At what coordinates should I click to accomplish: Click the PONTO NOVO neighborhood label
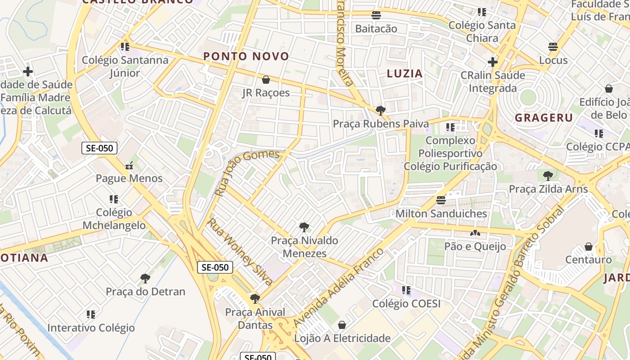click(x=246, y=56)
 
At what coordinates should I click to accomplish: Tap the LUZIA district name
click(x=405, y=73)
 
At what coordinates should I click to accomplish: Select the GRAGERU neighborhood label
click(x=544, y=118)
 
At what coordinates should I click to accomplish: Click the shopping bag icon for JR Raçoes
click(x=266, y=80)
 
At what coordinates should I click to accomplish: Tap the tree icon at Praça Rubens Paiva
click(x=380, y=110)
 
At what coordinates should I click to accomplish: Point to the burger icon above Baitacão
click(x=376, y=15)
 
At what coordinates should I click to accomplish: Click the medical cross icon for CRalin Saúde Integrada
click(x=492, y=62)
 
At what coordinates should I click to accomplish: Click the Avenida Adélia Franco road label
click(x=338, y=287)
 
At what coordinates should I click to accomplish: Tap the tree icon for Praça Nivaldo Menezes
click(x=304, y=227)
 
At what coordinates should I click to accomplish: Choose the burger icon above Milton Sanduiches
click(x=441, y=200)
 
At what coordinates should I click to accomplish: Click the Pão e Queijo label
click(x=475, y=246)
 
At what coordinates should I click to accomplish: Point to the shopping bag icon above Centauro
click(x=588, y=247)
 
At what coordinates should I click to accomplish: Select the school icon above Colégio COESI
click(x=406, y=290)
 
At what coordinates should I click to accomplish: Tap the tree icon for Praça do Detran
click(x=145, y=278)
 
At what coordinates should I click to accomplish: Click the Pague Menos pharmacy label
click(x=129, y=178)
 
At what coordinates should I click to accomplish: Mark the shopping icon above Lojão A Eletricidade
click(x=342, y=324)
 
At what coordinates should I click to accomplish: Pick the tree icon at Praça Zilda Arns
click(x=548, y=175)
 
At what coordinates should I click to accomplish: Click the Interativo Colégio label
click(x=91, y=328)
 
